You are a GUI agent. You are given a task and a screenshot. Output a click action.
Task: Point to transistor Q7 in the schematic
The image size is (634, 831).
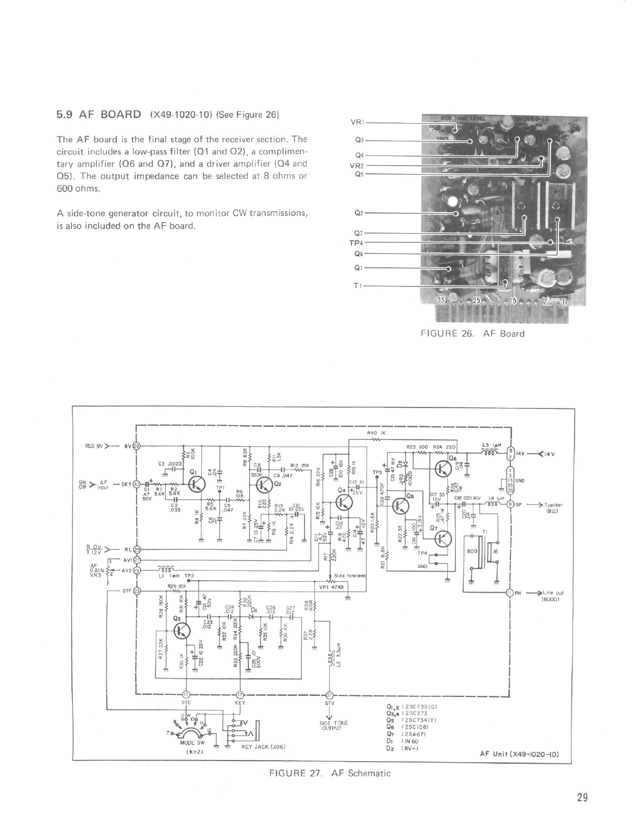click(444, 538)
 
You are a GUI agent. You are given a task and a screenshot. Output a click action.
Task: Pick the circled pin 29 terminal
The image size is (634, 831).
click(137, 446)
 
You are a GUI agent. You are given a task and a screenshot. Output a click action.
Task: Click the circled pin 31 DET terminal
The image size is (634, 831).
click(137, 485)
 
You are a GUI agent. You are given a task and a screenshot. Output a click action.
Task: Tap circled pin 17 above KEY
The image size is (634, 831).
click(240, 694)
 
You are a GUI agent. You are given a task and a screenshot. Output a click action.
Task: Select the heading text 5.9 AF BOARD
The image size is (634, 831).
click(99, 115)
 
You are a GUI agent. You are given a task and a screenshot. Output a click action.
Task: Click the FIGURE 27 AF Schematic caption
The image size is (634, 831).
click(329, 773)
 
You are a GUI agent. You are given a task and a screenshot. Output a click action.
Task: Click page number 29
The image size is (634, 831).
click(583, 797)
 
